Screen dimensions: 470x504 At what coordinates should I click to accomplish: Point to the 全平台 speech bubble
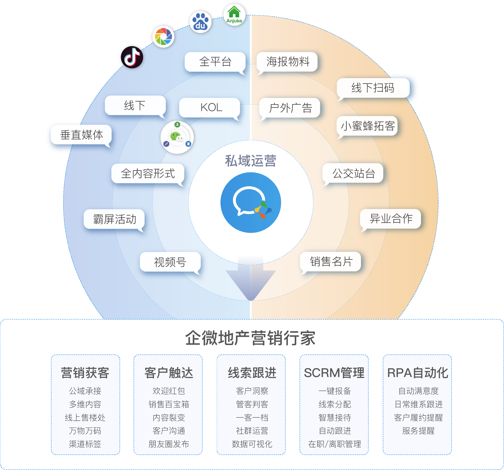coord(215,62)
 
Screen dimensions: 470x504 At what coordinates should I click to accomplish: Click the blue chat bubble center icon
coord(250,203)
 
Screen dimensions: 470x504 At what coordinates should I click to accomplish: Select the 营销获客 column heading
coord(85,373)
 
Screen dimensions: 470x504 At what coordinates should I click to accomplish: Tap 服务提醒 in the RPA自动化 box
coord(418,430)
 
